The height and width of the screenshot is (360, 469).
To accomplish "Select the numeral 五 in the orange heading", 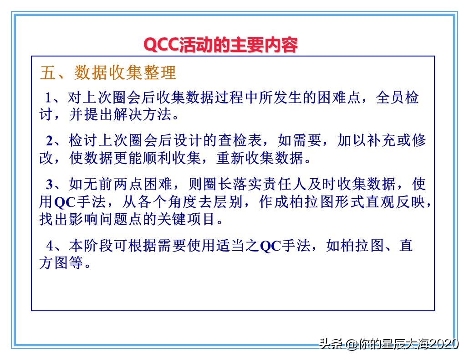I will (x=48, y=73).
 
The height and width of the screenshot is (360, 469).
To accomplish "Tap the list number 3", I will (x=50, y=185).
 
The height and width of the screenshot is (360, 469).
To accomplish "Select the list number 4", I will (x=50, y=246).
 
